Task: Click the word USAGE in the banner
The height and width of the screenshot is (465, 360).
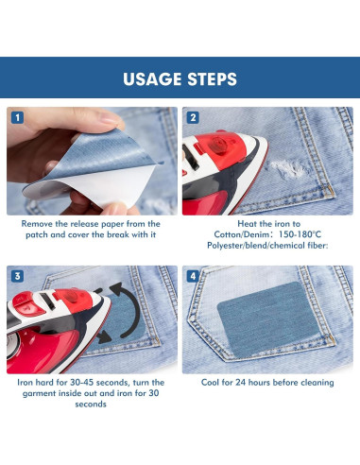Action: (152, 78)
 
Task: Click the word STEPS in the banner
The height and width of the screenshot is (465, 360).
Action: (212, 78)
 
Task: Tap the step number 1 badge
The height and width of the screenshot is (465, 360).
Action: (17, 117)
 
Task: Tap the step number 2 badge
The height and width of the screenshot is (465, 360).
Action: (193, 117)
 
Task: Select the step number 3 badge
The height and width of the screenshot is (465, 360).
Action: (17, 276)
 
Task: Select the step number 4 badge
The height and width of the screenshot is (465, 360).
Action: (193, 276)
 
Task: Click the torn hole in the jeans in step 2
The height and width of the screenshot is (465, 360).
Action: (288, 169)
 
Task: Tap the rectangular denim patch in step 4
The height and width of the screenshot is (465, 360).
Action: (269, 319)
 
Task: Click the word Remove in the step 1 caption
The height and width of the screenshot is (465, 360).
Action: (37, 224)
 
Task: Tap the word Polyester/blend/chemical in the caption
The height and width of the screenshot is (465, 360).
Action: (256, 246)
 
